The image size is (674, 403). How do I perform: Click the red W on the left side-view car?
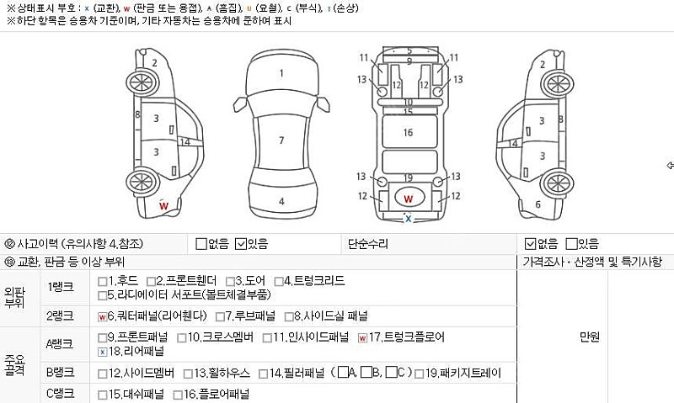click(x=164, y=205)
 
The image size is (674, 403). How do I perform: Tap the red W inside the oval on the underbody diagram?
click(x=408, y=199)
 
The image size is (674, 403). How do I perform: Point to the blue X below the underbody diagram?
click(x=408, y=219)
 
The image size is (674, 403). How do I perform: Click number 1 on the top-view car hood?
click(x=281, y=73)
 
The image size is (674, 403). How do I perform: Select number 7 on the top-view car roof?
click(x=281, y=140)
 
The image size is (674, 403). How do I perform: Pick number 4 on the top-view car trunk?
click(x=281, y=201)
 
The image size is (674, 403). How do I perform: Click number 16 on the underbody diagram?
click(x=408, y=132)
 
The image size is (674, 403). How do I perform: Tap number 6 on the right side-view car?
click(x=538, y=204)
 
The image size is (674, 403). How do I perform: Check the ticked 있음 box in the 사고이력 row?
click(x=241, y=244)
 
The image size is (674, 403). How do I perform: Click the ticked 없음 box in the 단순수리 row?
click(x=529, y=244)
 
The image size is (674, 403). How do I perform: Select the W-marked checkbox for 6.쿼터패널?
click(x=102, y=317)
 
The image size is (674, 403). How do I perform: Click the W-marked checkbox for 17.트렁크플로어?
click(x=362, y=338)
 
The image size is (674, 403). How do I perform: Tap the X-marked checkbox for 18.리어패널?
click(x=102, y=352)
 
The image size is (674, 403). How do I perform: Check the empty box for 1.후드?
click(x=102, y=281)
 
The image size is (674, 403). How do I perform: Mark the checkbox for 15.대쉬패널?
click(x=102, y=395)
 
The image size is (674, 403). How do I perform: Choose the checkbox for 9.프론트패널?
click(x=102, y=338)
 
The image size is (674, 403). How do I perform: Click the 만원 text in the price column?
click(x=590, y=337)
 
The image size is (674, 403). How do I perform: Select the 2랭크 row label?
click(x=61, y=316)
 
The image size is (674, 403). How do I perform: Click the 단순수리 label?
click(x=368, y=244)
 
